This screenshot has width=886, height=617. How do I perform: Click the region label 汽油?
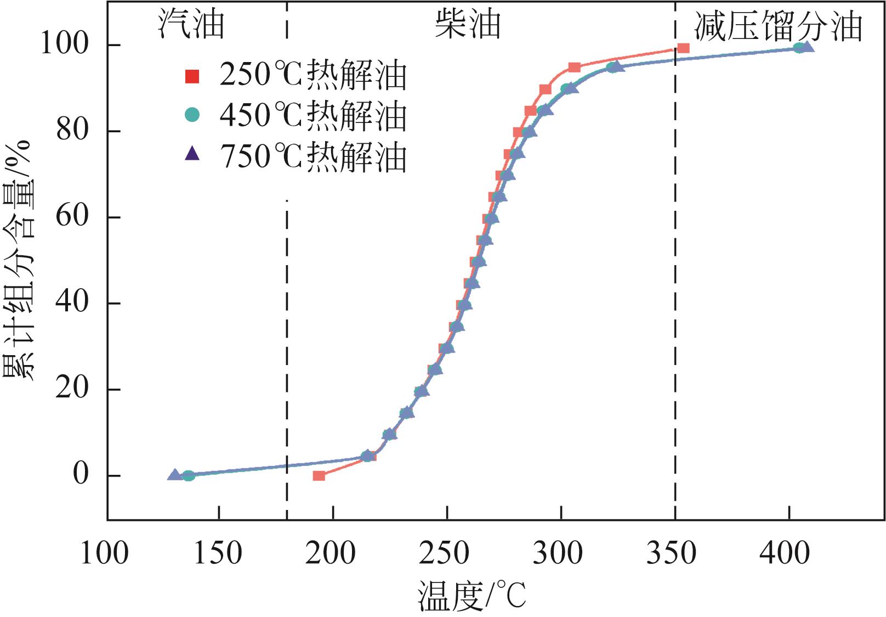pyautogui.click(x=191, y=24)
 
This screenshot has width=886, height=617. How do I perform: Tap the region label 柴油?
pyautogui.click(x=468, y=24)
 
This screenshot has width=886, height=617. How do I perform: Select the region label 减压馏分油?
pyautogui.click(x=778, y=26)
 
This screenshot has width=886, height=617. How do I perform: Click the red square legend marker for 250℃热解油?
pyautogui.click(x=192, y=76)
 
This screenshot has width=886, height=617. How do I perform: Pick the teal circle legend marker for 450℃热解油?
pyautogui.click(x=192, y=115)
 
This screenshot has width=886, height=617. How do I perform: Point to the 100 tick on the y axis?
pyautogui.click(x=65, y=44)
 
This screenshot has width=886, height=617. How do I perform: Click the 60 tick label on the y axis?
pyautogui.click(x=72, y=216)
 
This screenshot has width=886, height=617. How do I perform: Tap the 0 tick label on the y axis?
pyautogui.click(x=81, y=474)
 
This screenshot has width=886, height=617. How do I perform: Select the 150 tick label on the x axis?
pyautogui.click(x=218, y=553)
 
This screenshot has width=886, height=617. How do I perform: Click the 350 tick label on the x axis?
pyautogui.click(x=671, y=553)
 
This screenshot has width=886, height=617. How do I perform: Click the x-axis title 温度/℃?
pyautogui.click(x=472, y=596)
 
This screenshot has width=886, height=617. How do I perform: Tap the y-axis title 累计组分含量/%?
pyautogui.click(x=19, y=261)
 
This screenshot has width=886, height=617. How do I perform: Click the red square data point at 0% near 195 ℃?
pyautogui.click(x=319, y=475)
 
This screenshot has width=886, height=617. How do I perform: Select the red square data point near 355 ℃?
pyautogui.click(x=683, y=48)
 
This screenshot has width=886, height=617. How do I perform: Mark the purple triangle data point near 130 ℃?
pyautogui.click(x=174, y=475)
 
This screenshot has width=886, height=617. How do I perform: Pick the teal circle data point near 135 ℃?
pyautogui.click(x=188, y=475)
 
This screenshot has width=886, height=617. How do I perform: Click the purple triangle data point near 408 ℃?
pyautogui.click(x=807, y=47)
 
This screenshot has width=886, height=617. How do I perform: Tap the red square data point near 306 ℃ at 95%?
pyautogui.click(x=574, y=68)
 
